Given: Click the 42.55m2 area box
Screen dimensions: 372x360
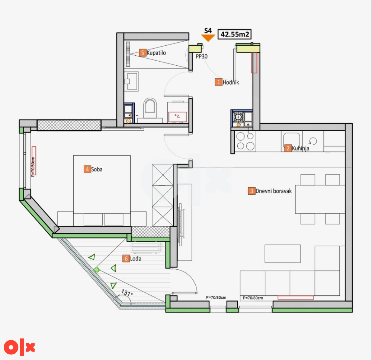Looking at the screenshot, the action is point(234,34).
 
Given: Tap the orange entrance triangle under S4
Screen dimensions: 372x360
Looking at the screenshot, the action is point(208,38).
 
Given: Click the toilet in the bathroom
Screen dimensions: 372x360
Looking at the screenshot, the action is point(150,108).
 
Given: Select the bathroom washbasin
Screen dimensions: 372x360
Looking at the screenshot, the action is point(131,81).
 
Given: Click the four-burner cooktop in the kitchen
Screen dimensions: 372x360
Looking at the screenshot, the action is point(245,142).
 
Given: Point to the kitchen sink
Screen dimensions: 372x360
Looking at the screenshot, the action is point(291,140).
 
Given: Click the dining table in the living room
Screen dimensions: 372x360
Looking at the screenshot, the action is point(320,199).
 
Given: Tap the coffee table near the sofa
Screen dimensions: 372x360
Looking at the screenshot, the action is point(283,254).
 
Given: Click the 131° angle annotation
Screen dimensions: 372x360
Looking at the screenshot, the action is point(127,293).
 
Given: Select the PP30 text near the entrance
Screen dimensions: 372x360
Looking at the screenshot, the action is point(202,56).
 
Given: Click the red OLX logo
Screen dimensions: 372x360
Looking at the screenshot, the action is point(19,347).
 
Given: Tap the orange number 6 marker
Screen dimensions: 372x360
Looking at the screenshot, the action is point(126,259).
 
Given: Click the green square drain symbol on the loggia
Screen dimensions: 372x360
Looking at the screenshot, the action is point(96,270).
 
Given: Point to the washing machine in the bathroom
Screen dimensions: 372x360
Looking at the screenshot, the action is point(177,117).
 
